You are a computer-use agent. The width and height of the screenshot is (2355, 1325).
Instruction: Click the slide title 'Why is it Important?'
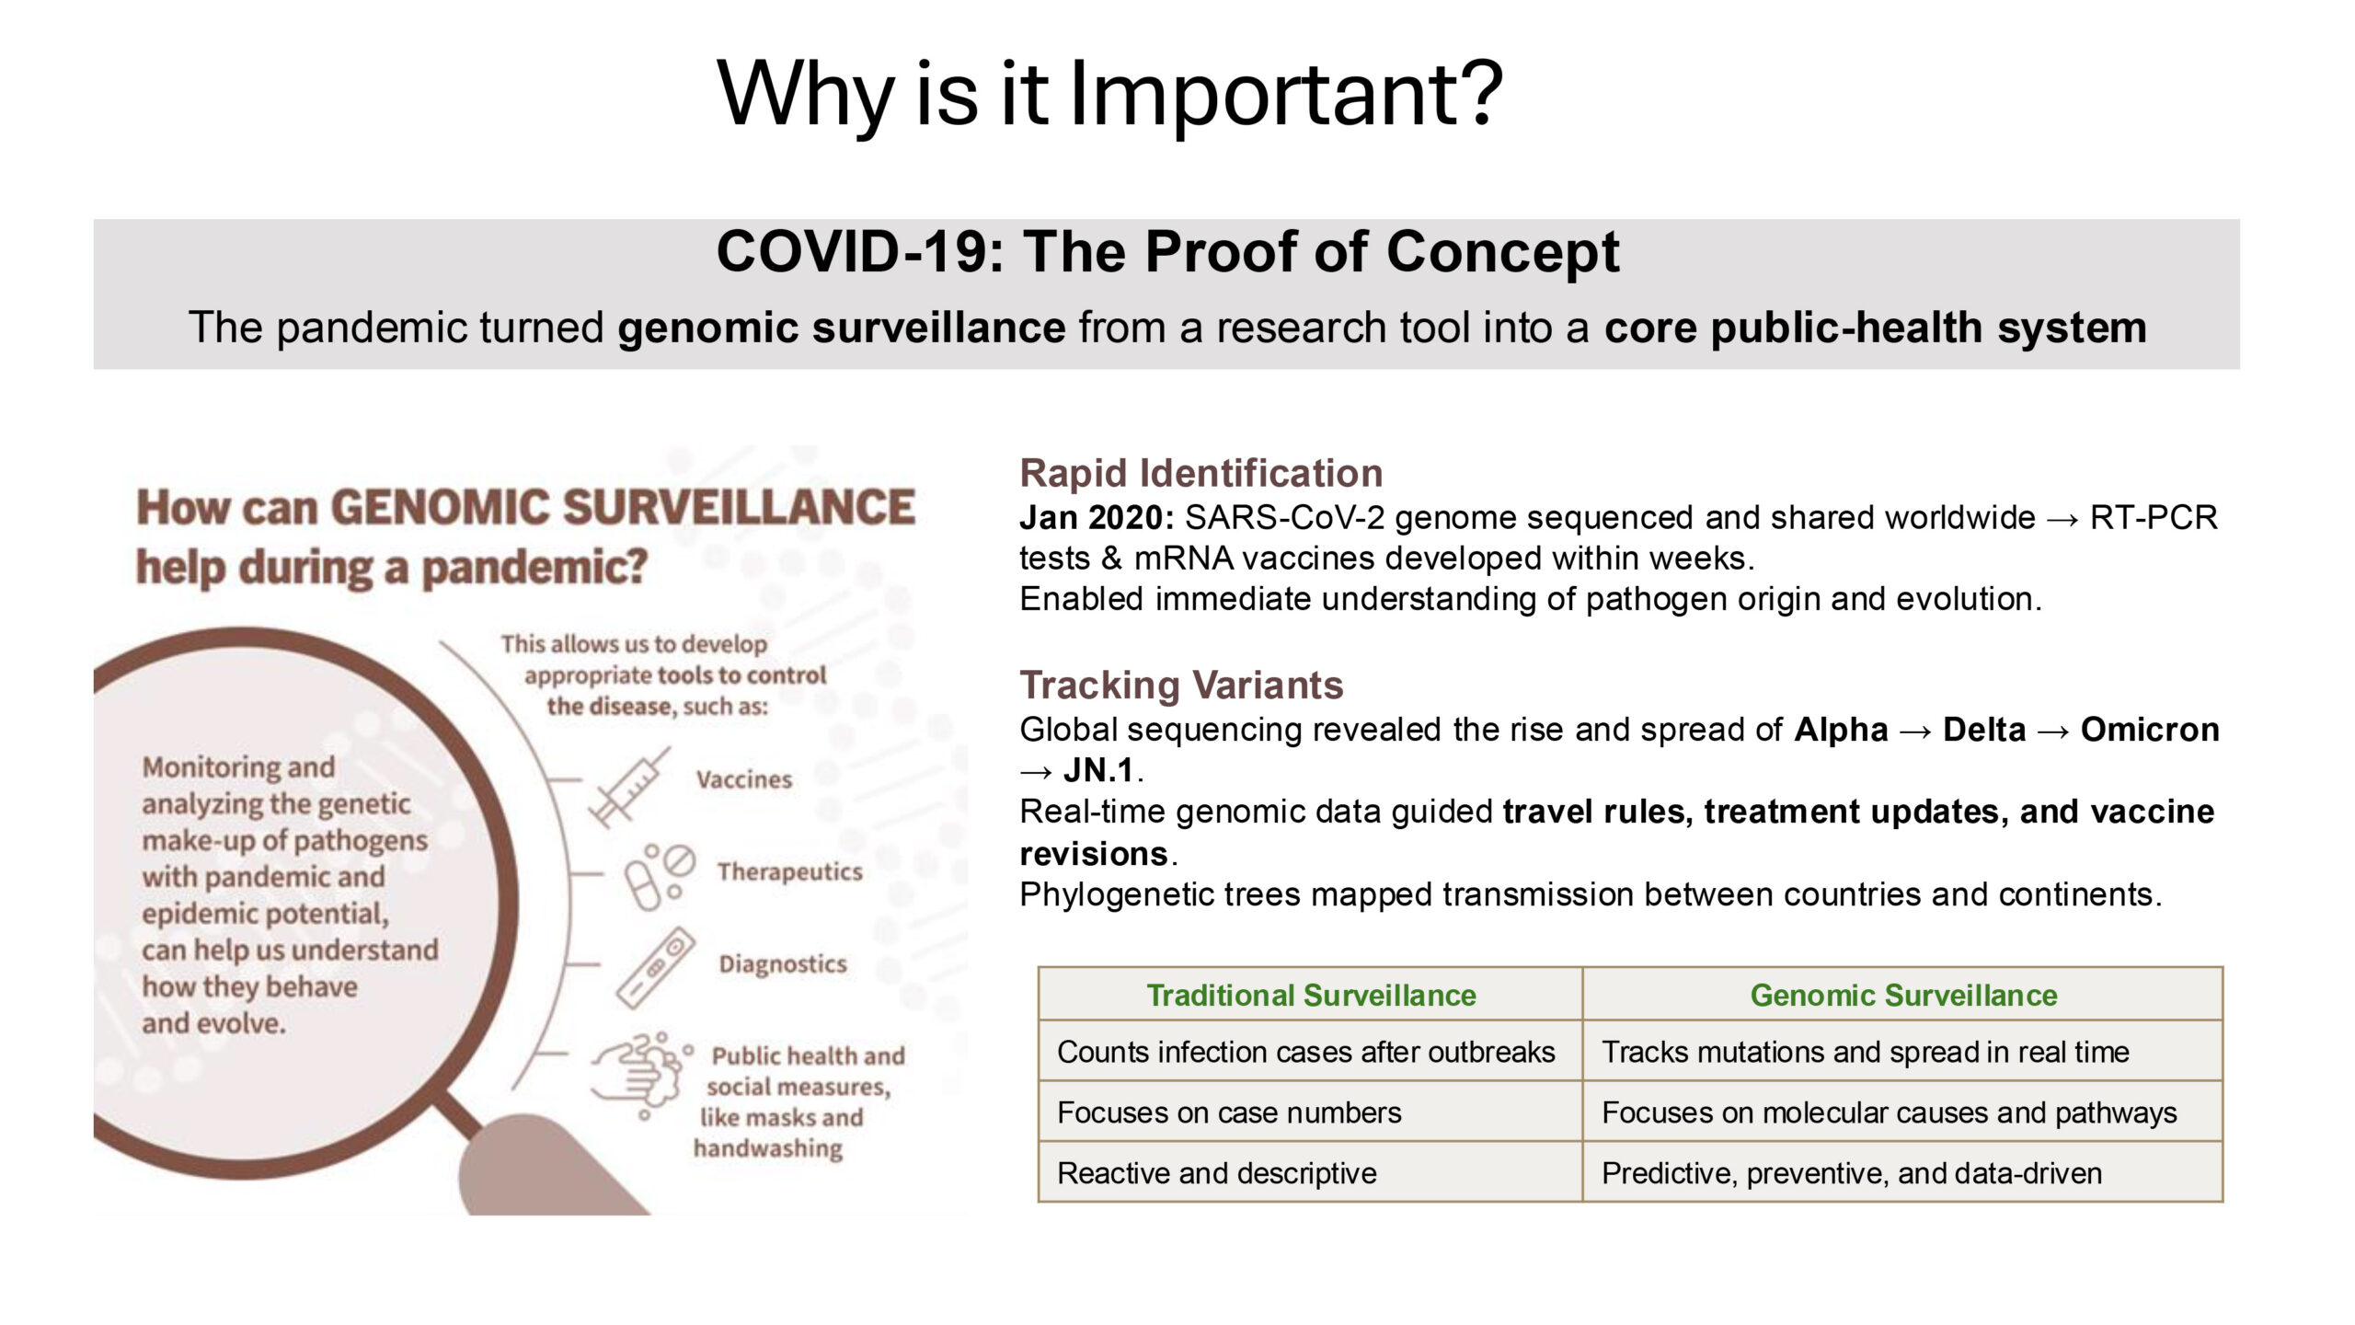coord(1109,94)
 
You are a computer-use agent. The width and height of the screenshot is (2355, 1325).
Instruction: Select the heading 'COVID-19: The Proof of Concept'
coord(1167,251)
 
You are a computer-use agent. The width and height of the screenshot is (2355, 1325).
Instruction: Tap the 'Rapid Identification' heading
coord(1200,473)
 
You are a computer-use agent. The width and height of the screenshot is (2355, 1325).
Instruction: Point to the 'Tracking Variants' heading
coord(1181,685)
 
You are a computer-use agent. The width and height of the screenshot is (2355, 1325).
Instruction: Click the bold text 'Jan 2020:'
coord(1097,517)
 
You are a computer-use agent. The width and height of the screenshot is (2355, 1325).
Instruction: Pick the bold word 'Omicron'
coord(2150,730)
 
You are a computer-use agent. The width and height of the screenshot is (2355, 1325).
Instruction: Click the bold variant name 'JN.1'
coord(1098,770)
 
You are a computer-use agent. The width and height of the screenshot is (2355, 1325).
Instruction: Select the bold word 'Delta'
coord(1984,730)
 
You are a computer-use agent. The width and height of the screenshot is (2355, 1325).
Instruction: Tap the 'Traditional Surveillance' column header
coord(1311,995)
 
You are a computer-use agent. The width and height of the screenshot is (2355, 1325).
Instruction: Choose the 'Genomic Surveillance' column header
coord(1903,995)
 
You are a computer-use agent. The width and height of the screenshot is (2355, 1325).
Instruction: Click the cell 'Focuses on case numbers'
coord(1229,1112)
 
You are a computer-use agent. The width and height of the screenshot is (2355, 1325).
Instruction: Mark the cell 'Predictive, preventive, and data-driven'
coord(1852,1173)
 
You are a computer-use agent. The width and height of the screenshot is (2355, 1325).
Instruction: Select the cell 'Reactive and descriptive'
coord(1217,1173)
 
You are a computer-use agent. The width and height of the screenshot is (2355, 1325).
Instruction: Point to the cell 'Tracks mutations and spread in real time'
coord(1866,1052)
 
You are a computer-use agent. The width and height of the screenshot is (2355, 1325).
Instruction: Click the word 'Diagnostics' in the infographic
coord(783,963)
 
